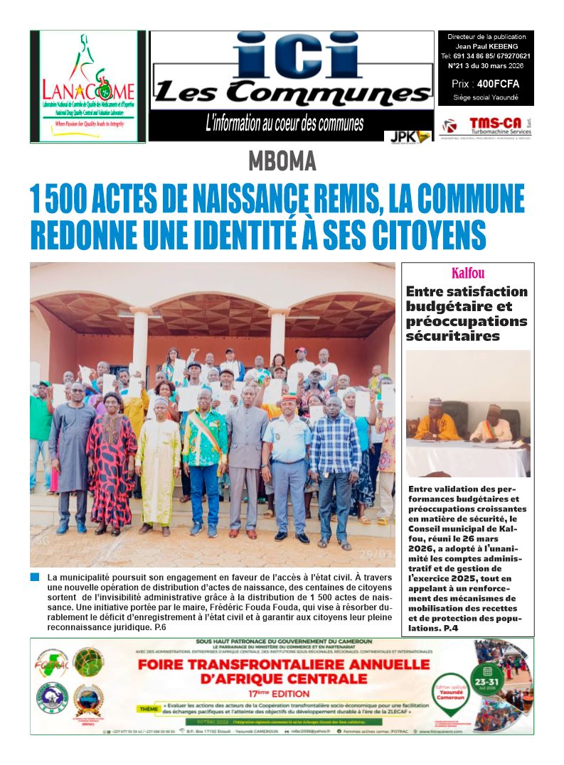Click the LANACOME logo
coord(87,86)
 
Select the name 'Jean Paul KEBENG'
coord(486,46)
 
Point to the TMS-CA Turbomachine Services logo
coord(486,126)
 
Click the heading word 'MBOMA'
coord(282,162)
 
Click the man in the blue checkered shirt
coord(335,469)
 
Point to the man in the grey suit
coord(247,462)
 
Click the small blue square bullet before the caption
coord(36,577)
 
